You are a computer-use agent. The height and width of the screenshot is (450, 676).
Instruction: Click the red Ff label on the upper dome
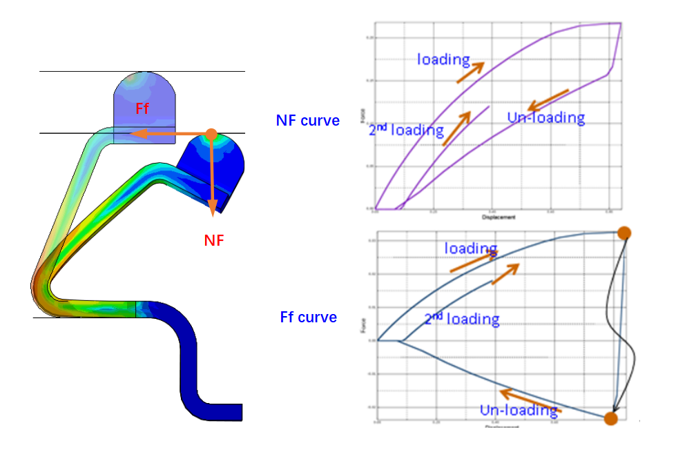click(143, 108)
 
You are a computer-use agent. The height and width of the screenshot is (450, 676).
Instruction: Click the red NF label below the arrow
click(215, 240)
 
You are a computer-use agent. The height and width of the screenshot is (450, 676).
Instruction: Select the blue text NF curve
click(308, 121)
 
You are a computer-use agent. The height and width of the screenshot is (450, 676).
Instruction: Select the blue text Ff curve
click(309, 317)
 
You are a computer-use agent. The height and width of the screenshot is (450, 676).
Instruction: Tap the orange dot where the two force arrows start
click(211, 134)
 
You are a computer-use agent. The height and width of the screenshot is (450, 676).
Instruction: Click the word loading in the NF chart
click(443, 59)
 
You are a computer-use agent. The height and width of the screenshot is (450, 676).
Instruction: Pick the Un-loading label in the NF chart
click(546, 117)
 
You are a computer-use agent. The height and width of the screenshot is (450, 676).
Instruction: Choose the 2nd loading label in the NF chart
click(407, 130)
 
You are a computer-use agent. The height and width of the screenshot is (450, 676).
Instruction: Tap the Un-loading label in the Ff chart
click(519, 410)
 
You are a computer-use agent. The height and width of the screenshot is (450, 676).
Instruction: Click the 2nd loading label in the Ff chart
click(461, 319)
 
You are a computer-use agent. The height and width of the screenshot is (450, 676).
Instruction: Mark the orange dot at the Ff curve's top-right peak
click(624, 233)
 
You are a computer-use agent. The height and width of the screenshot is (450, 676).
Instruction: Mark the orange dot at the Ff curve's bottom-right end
click(610, 418)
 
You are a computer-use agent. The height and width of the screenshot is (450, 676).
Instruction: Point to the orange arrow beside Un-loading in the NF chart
click(548, 99)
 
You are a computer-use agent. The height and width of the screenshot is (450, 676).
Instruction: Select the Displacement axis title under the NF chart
click(498, 217)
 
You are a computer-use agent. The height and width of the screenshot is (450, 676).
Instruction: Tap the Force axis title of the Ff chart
click(362, 324)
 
